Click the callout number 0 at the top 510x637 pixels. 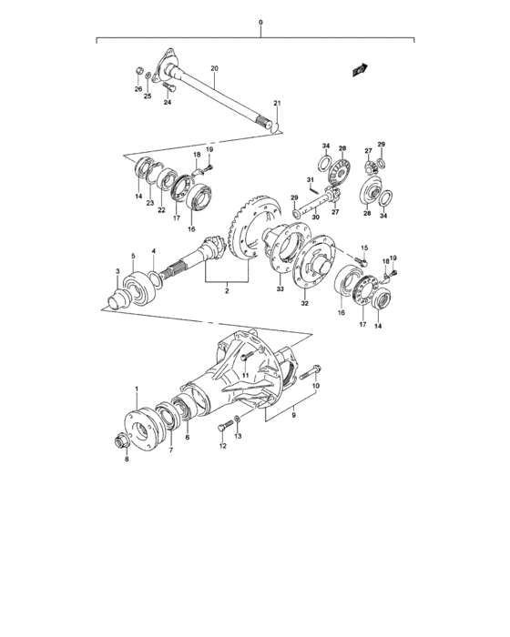[x=260, y=22]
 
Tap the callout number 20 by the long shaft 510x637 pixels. [x=215, y=69]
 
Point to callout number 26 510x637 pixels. [x=138, y=89]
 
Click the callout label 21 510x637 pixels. [x=278, y=104]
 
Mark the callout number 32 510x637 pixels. [x=305, y=305]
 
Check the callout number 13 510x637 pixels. [x=239, y=437]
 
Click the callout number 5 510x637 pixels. [x=133, y=256]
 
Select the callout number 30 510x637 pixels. [x=314, y=218]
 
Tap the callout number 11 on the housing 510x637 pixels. [x=244, y=376]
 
